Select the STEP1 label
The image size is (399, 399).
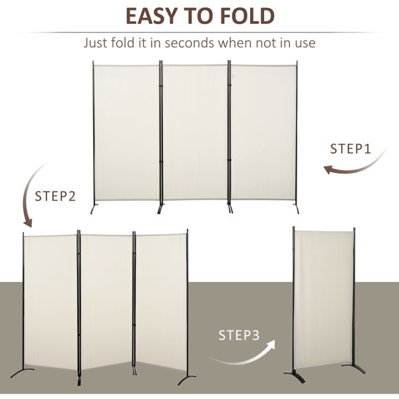350,149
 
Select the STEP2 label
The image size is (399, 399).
55,196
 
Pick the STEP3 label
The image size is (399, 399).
239,335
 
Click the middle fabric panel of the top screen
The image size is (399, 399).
195,132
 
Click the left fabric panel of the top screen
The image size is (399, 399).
126,132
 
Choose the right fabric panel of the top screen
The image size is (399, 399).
263,132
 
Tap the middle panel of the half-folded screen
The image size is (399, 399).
106,301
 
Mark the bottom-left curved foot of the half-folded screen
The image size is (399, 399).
22,372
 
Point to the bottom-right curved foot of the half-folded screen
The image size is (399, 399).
186,380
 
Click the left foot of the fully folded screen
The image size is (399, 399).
294,376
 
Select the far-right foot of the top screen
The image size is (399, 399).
297,208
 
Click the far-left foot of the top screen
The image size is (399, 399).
94,208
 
